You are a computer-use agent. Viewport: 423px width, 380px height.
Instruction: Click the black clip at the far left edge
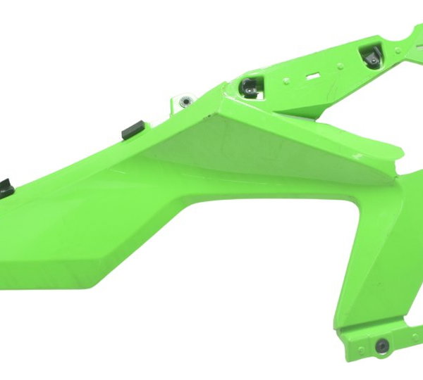point(4,186)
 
